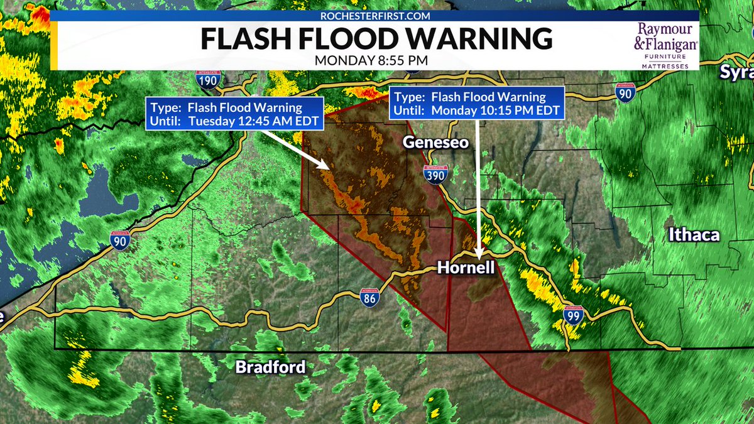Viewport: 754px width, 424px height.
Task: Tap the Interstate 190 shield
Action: (x=207, y=78)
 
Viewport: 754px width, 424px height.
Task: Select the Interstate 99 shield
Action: (x=572, y=317)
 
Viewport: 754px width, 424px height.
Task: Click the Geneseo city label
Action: (x=435, y=143)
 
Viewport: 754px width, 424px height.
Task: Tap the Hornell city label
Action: (x=466, y=268)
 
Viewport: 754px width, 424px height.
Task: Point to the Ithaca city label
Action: (x=694, y=236)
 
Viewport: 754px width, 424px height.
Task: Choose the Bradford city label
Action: (x=270, y=367)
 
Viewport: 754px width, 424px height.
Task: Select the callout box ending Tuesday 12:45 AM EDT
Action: (x=234, y=114)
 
